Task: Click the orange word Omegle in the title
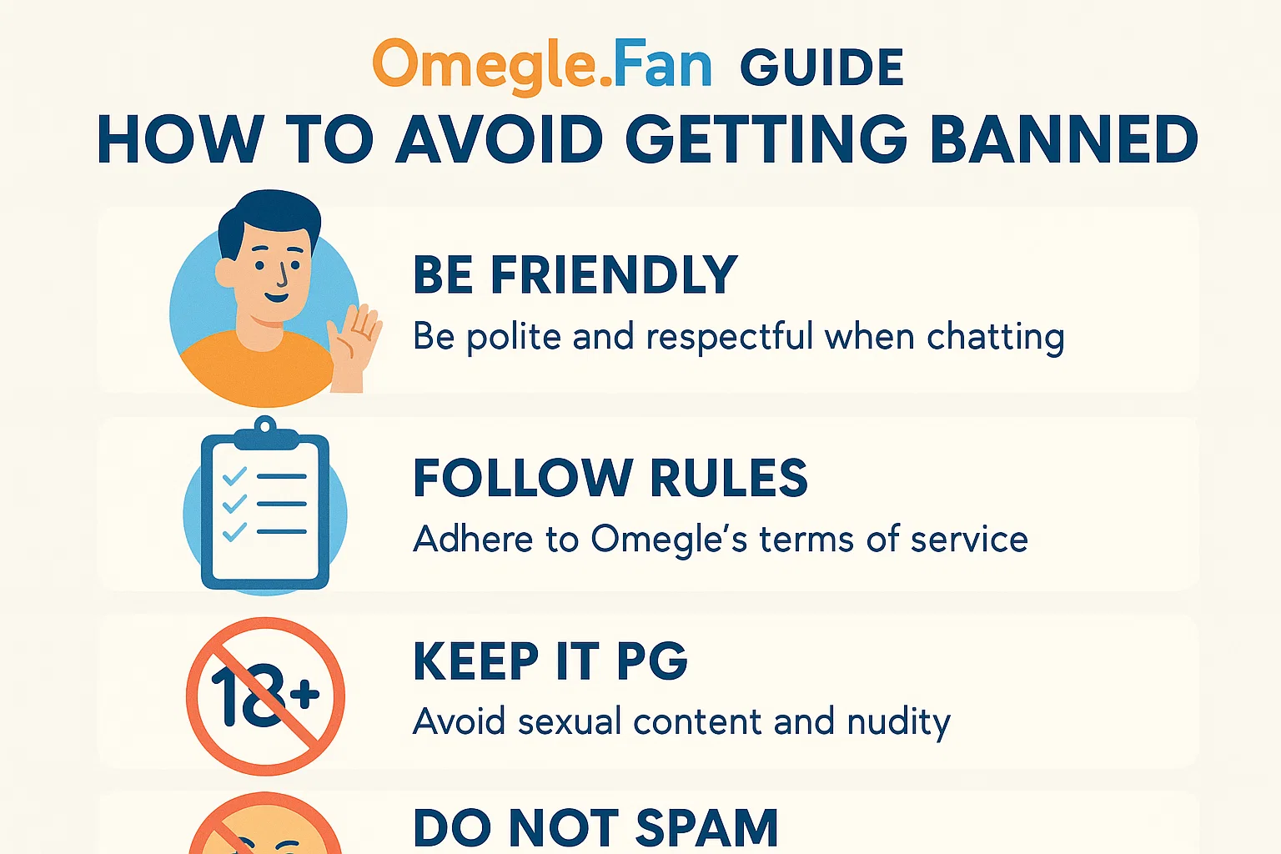click(486, 66)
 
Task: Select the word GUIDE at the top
click(821, 68)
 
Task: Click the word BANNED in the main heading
click(1063, 139)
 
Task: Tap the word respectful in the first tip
click(729, 337)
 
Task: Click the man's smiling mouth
click(277, 298)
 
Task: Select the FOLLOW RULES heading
click(610, 478)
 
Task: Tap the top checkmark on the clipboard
click(234, 476)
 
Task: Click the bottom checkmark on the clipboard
click(234, 532)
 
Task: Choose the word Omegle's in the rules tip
click(669, 540)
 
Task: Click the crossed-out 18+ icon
click(265, 696)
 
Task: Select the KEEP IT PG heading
click(550, 661)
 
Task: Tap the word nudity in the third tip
click(898, 723)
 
